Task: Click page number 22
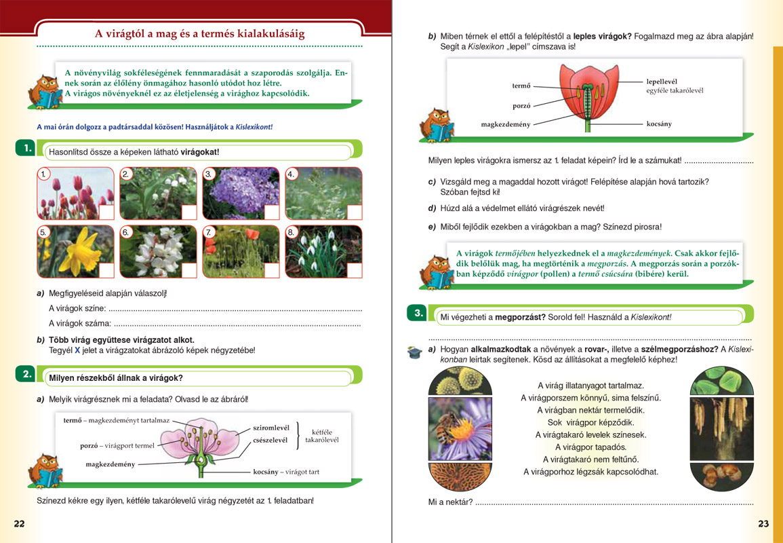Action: [x=19, y=523]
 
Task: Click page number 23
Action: [x=763, y=523]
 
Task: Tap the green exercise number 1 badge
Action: [x=26, y=148]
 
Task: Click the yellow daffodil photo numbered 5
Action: [x=76, y=251]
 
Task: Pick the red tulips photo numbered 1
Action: [x=76, y=193]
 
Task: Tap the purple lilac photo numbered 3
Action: [x=241, y=193]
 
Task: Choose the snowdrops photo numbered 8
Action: [x=323, y=251]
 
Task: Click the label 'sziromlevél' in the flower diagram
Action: [x=271, y=427]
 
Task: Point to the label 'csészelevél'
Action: [x=270, y=440]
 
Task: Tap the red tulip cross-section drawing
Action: [x=588, y=95]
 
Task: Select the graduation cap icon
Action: [x=414, y=352]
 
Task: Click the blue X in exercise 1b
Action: [x=77, y=350]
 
